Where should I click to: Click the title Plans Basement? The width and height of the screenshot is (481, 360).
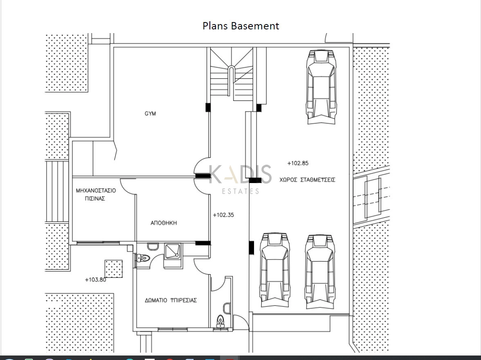point(241,26)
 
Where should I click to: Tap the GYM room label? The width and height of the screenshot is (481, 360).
point(151,114)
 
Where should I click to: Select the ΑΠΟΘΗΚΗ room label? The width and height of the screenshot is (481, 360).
point(164,223)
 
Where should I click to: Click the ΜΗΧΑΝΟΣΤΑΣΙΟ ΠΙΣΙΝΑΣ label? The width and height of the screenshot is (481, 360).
point(96,195)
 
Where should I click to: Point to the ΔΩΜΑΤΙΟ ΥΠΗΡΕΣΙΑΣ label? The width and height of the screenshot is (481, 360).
point(171,300)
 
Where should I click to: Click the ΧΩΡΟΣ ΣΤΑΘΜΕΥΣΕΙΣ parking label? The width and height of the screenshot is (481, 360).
point(308,180)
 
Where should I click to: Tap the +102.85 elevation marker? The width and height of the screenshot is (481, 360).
point(298,163)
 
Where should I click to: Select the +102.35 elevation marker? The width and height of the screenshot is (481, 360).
point(223,215)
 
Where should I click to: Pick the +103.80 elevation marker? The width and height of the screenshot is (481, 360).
point(95,280)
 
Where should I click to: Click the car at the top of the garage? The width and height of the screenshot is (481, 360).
point(321,87)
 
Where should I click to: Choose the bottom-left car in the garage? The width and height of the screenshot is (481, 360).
point(275,270)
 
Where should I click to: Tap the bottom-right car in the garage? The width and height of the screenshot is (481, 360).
point(320,272)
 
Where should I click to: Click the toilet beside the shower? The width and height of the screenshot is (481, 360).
point(142,258)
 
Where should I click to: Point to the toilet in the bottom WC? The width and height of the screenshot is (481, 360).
point(220,321)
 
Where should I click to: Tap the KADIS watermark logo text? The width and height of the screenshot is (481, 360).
point(240,174)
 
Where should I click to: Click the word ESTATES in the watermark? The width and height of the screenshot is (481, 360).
point(240,192)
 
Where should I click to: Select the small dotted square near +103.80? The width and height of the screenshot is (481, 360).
point(114,269)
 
